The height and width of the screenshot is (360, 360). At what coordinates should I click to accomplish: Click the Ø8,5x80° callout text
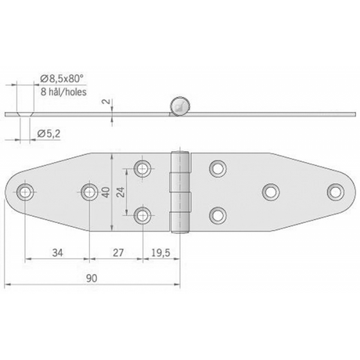(x=62, y=78)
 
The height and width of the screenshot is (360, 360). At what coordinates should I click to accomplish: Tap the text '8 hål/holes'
(x=63, y=92)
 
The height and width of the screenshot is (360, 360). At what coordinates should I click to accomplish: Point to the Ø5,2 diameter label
(x=49, y=134)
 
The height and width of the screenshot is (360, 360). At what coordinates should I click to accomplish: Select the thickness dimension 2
(x=106, y=101)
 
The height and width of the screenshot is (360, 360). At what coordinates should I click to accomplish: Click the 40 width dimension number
(x=106, y=193)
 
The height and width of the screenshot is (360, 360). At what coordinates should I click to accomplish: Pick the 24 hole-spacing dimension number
(x=121, y=192)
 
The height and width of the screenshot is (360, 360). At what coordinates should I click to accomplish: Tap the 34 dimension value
(x=58, y=253)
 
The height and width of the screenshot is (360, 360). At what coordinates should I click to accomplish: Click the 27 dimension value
(x=118, y=253)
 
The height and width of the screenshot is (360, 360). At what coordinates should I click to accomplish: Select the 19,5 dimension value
(x=160, y=253)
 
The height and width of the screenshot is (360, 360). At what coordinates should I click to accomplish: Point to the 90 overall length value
(x=92, y=279)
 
